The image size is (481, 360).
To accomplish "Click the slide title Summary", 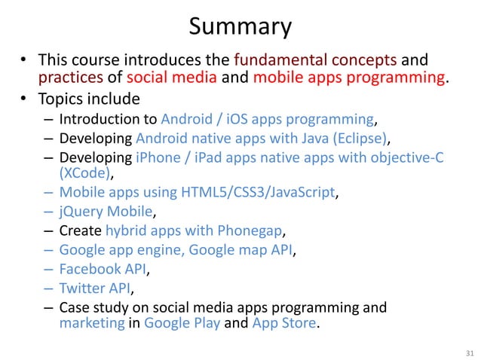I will click(x=240, y=27).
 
